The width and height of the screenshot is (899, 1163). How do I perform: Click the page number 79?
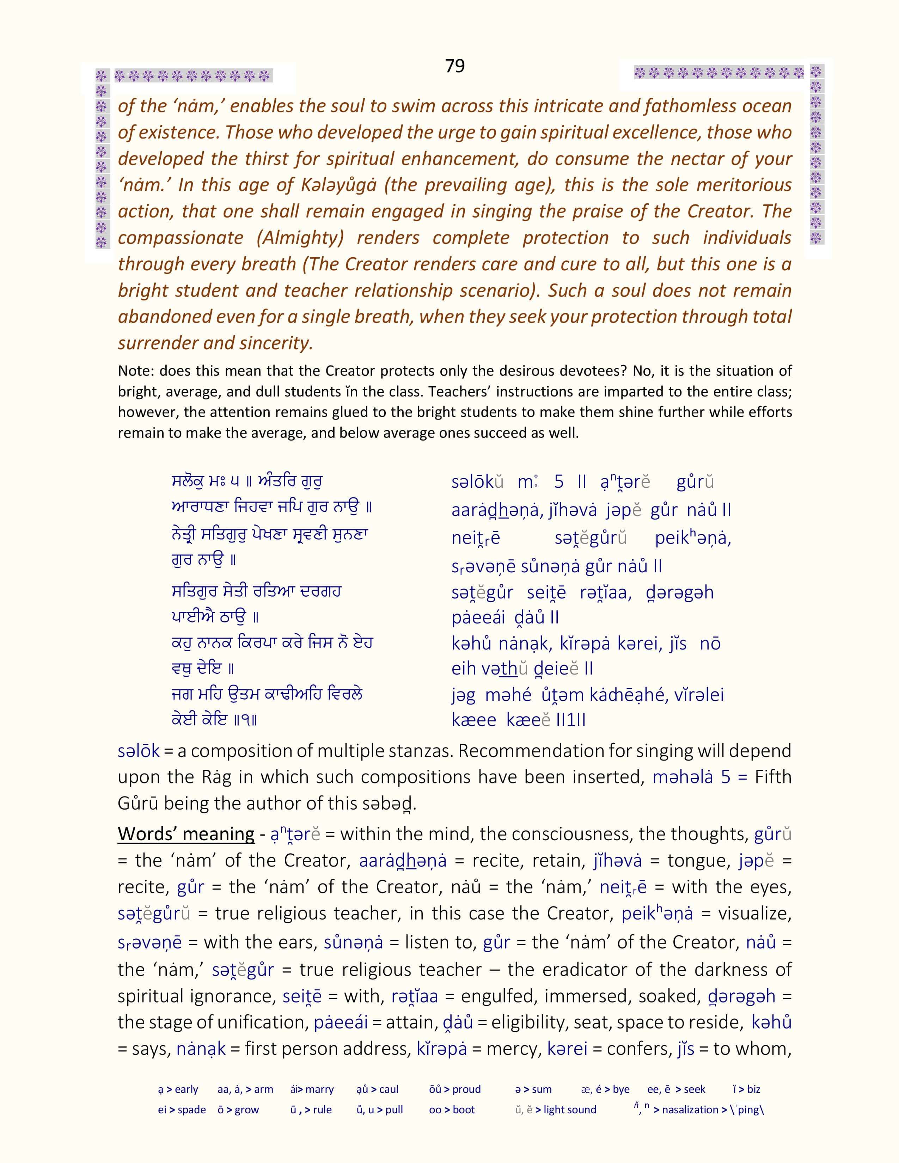click(x=454, y=66)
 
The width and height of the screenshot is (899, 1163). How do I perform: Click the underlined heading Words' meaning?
click(x=186, y=833)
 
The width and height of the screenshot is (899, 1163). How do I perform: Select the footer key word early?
click(x=186, y=1089)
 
